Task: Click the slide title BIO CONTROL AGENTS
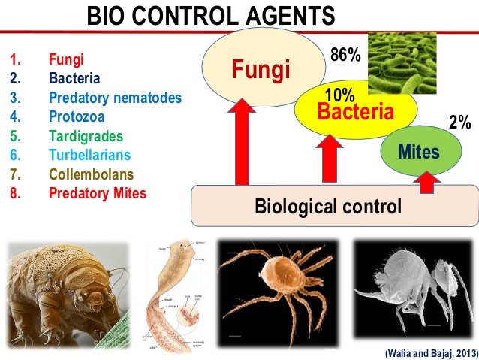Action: (x=211, y=16)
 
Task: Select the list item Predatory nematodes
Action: (x=115, y=97)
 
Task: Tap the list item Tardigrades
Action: (x=86, y=136)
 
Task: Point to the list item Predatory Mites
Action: (x=98, y=193)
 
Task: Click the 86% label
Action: (x=346, y=55)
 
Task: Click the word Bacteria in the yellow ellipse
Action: (x=355, y=113)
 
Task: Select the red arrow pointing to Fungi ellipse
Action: (x=241, y=142)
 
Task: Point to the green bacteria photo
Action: (x=406, y=59)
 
